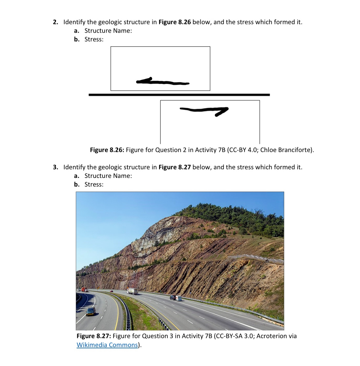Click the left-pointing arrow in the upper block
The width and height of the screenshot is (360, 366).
[x=162, y=82]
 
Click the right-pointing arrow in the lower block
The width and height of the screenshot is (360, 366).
[x=204, y=110]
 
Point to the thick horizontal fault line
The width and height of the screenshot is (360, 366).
[x=179, y=95]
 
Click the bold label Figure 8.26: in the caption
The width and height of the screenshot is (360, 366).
[x=107, y=150]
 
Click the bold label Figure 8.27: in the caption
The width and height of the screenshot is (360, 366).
[x=94, y=336]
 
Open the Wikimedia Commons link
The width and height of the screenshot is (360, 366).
[x=107, y=345]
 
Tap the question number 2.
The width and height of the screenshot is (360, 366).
[x=55, y=22]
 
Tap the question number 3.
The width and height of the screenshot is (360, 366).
[x=55, y=167]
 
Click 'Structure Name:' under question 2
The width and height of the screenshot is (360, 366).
[x=108, y=31]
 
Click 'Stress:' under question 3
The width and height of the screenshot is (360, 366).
[x=94, y=184]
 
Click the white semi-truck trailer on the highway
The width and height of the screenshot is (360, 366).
[x=133, y=291]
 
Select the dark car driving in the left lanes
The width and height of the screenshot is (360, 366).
[x=90, y=312]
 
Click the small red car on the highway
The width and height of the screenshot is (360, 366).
[x=111, y=291]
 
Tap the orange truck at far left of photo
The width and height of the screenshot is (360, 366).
[x=84, y=289]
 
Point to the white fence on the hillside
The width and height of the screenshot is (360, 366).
[x=255, y=258]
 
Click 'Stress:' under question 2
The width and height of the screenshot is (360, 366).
[x=94, y=39]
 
